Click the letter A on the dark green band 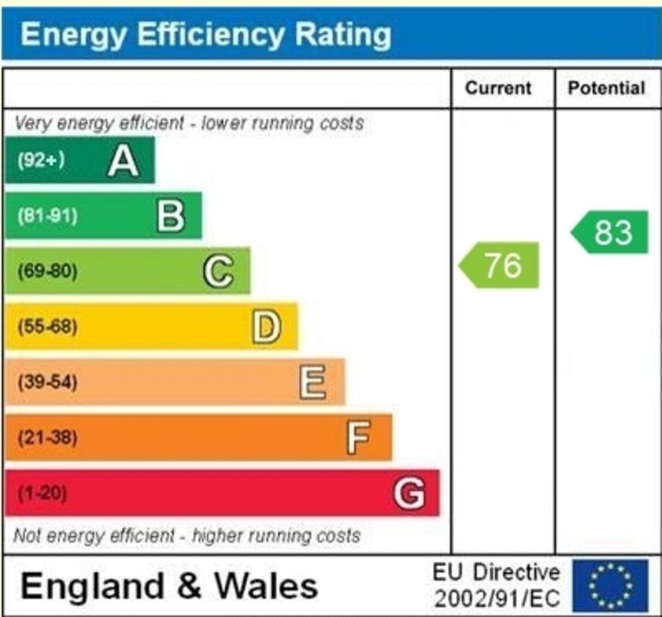pos(123,161)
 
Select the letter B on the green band pos(171,216)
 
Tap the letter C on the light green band pos(219,271)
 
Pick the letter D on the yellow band pos(266,327)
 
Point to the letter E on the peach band pos(313,382)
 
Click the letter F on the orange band pos(359,438)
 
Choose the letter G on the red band pos(409,494)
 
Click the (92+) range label pos(41,160)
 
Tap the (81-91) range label pos(47,216)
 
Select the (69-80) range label pos(47,271)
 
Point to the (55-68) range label pos(47,327)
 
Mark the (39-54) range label pos(47,382)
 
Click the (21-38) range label pos(47,438)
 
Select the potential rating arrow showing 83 pos(610,232)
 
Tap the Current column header pos(498,89)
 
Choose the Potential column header pos(606,89)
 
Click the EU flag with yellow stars pos(610,586)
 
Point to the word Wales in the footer pos(266,586)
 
